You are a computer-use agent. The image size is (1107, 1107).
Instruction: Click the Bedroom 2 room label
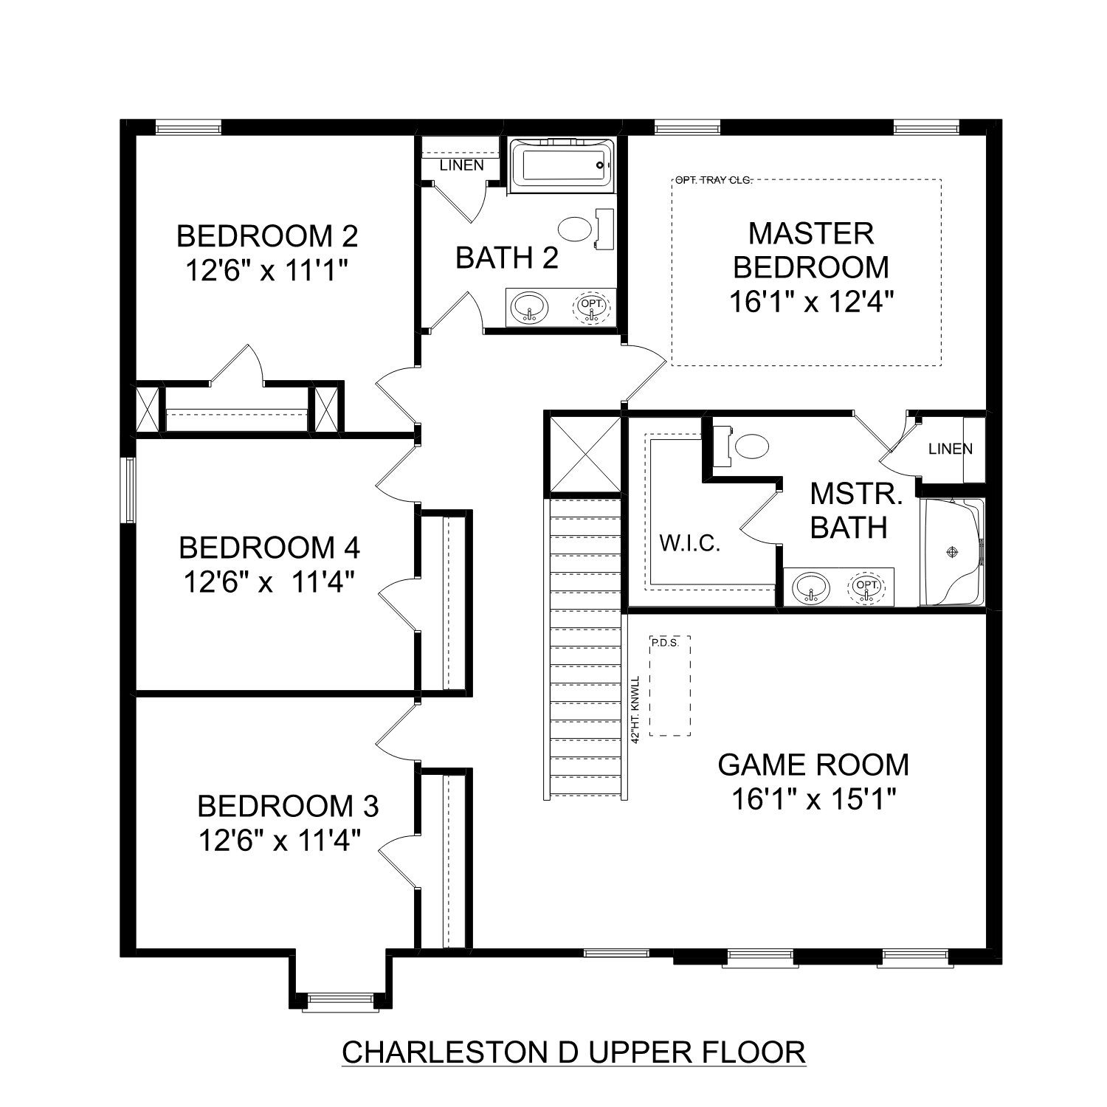[x=267, y=236]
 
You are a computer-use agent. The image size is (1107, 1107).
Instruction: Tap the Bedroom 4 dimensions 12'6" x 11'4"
[x=269, y=583]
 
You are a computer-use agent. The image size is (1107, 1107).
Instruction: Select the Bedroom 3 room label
[x=288, y=806]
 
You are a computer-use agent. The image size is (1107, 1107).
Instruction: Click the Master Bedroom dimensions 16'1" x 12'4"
[x=812, y=302]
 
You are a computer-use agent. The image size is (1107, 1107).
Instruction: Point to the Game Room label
[x=813, y=765]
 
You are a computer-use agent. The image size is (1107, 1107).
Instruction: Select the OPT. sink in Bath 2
[x=592, y=307]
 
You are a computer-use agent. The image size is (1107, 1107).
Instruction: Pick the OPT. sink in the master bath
[x=868, y=587]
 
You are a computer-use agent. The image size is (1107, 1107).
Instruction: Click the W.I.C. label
[x=689, y=545]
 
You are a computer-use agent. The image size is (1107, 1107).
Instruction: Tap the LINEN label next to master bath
[x=951, y=449]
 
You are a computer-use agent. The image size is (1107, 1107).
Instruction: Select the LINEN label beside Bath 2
[x=461, y=165]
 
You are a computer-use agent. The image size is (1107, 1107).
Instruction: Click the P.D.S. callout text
[x=664, y=643]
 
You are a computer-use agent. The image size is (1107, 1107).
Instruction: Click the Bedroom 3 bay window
[x=340, y=999]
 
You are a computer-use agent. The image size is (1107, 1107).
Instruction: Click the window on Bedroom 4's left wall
[x=130, y=489]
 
